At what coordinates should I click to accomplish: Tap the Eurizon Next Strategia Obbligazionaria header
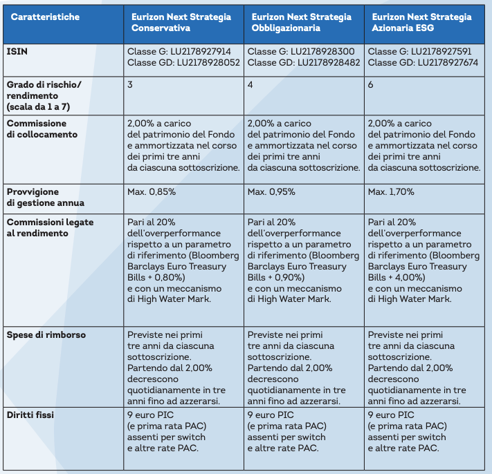[x=301, y=22]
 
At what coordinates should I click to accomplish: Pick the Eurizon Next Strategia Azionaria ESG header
[x=420, y=22]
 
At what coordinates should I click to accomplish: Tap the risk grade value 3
[x=131, y=84]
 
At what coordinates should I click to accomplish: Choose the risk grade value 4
[x=250, y=84]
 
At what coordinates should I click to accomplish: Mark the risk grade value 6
[x=370, y=84]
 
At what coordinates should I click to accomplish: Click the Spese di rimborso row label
[x=46, y=334]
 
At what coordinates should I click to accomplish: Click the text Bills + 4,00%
[x=395, y=277]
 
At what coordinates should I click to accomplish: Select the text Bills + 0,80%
[x=156, y=277]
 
